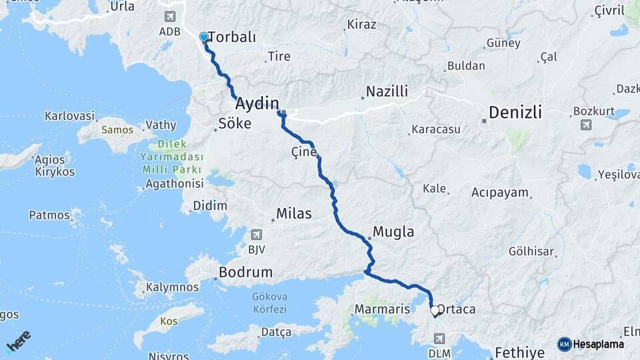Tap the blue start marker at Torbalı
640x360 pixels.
click(204, 37)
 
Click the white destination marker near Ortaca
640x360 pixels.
click(435, 310)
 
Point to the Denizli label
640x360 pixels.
click(515, 112)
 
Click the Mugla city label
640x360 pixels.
click(393, 232)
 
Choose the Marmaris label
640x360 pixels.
click(382, 309)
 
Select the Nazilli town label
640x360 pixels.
click(387, 92)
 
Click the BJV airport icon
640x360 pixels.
click(256, 234)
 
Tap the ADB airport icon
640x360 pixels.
click(169, 16)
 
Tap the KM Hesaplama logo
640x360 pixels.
click(591, 344)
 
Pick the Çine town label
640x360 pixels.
click(303, 152)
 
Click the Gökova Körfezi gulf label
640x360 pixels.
click(269, 303)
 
